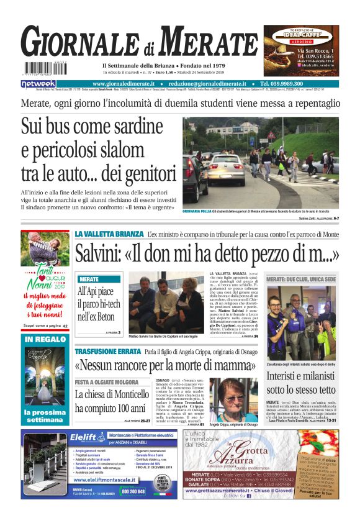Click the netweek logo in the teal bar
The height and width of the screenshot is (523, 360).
click(x=38, y=84)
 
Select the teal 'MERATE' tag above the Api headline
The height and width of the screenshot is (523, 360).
click(x=89, y=280)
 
